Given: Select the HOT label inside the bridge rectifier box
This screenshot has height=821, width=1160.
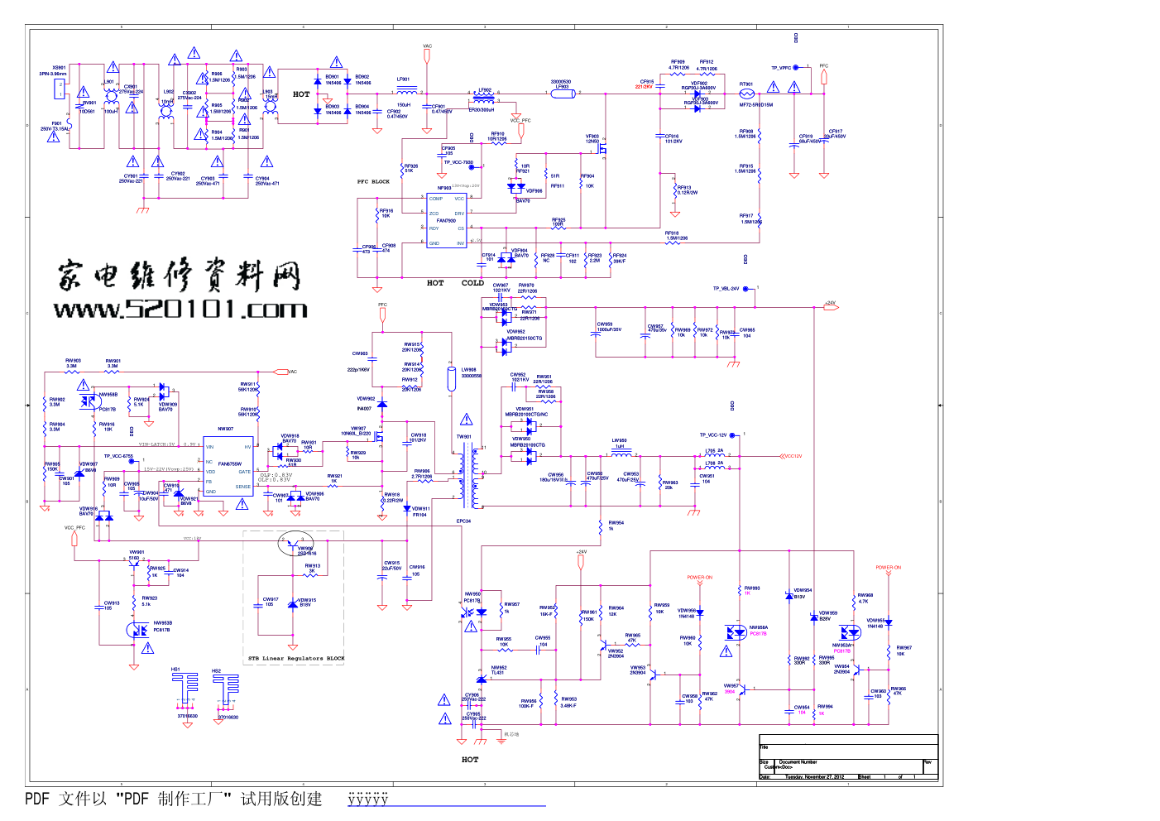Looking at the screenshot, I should [x=301, y=94].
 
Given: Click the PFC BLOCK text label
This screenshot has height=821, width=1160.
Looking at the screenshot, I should [x=373, y=181].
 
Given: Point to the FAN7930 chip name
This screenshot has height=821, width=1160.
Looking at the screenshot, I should [x=446, y=221].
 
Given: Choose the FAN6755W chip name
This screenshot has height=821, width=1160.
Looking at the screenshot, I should [x=230, y=464].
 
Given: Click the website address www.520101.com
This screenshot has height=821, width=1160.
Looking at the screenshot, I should [x=180, y=310].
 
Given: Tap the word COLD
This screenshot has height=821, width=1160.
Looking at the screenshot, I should [x=472, y=283].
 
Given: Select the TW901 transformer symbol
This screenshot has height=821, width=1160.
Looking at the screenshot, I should [x=473, y=476].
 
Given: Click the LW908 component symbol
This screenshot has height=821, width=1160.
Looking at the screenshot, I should [x=452, y=379].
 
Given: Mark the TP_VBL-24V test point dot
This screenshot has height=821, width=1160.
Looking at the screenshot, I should [x=745, y=289].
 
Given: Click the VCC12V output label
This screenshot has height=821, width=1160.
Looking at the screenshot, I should [x=792, y=456].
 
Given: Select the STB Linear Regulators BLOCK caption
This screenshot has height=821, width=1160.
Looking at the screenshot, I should [x=296, y=659].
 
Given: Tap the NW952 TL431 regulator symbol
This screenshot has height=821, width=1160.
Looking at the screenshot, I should [x=482, y=679].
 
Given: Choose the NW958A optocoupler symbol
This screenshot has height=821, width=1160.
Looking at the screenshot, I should [x=736, y=633].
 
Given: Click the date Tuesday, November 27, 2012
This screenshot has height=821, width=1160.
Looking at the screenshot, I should [x=814, y=777].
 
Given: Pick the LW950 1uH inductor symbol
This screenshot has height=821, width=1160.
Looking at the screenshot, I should [x=621, y=454].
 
